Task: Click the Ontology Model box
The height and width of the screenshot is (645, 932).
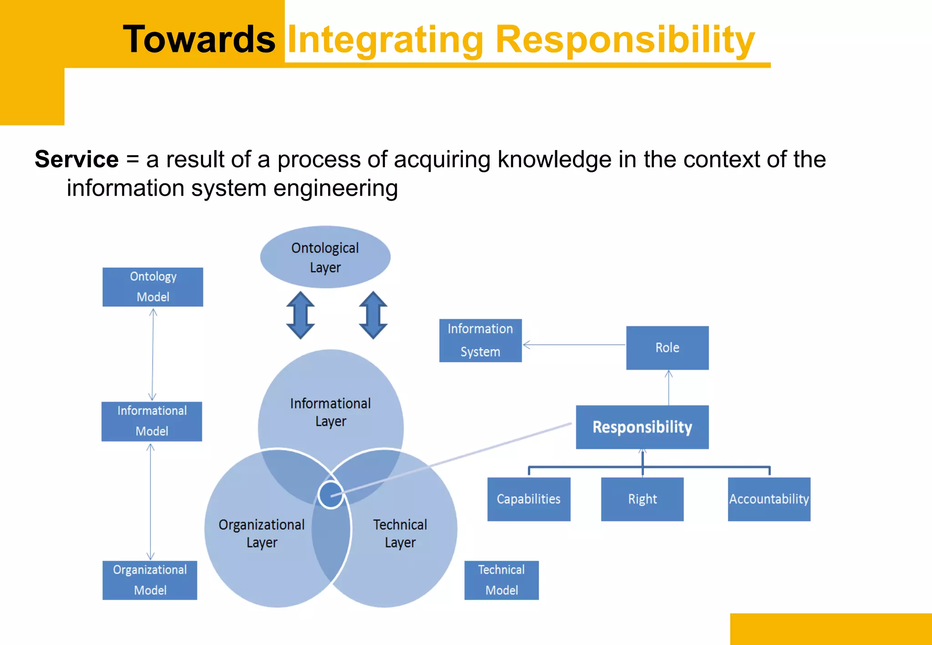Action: [152, 287]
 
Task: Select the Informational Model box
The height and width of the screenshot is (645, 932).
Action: [152, 421]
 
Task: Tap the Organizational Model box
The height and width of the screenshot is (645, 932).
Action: [150, 580]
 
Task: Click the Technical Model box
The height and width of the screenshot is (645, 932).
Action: [501, 580]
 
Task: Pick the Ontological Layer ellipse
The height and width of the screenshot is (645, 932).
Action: [325, 257]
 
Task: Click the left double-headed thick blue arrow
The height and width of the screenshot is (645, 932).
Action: [300, 315]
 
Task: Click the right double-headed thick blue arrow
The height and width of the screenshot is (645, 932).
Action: [373, 315]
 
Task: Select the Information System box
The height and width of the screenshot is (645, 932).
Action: [480, 340]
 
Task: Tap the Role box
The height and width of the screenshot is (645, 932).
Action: [667, 348]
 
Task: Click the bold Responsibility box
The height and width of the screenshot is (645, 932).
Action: [642, 427]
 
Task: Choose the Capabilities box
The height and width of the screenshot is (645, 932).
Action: [528, 499]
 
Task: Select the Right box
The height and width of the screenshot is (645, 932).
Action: [642, 499]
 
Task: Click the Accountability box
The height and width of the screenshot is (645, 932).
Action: [769, 499]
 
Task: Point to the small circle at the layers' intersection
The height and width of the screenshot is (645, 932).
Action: [330, 495]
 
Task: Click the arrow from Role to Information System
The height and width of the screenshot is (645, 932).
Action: [573, 345]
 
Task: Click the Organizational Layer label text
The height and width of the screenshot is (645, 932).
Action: [261, 533]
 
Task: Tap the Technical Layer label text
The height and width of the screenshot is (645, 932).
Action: [400, 533]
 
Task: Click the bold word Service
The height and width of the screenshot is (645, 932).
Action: [76, 159]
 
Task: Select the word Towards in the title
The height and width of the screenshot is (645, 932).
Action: [199, 40]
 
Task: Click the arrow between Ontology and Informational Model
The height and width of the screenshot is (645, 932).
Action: [152, 354]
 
